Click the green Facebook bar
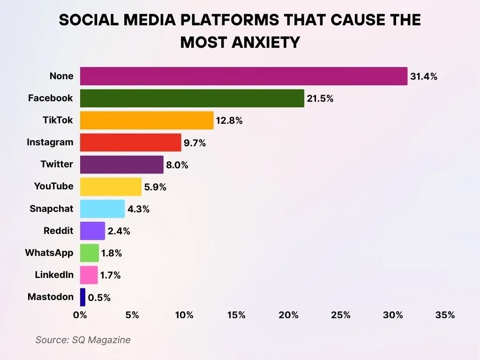[x=192, y=98]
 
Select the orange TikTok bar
[x=147, y=120]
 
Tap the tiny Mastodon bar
[x=83, y=297]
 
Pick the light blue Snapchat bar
[x=102, y=209]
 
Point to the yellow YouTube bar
[x=111, y=187]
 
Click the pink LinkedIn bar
[x=89, y=275]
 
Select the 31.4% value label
[x=424, y=76]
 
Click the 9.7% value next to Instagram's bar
[x=195, y=143]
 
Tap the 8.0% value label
[x=177, y=165]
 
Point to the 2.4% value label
[x=119, y=231]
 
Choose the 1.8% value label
[x=112, y=253]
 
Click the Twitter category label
[x=57, y=164]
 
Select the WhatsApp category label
[x=49, y=253]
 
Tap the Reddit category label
[x=58, y=231]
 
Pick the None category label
[x=61, y=76]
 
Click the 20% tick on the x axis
[x=288, y=315]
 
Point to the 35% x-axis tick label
[x=445, y=315]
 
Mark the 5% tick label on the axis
[x=132, y=315]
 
